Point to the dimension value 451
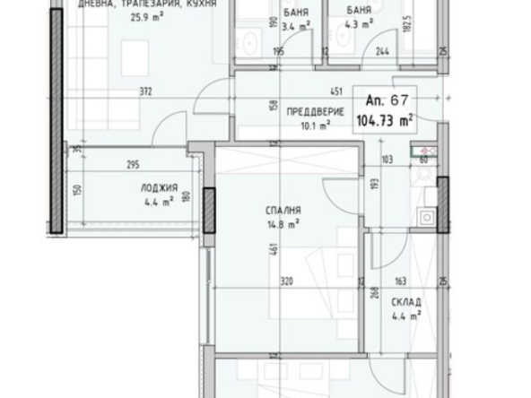(336, 90)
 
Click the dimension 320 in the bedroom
(286, 281)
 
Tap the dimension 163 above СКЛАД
(401, 281)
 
